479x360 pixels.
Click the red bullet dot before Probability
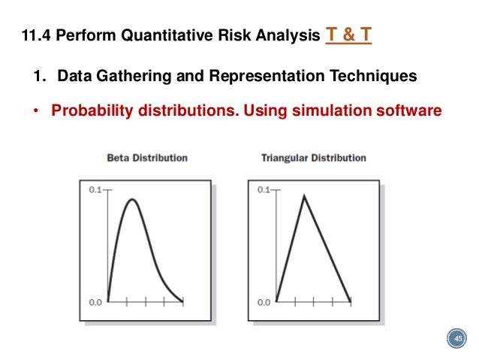click(x=35, y=110)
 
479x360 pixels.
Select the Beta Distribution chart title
click(x=146, y=158)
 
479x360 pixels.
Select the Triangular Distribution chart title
click(x=313, y=158)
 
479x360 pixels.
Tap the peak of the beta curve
click(x=133, y=199)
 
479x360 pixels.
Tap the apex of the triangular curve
click(x=303, y=195)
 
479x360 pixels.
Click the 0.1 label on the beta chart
click(x=94, y=191)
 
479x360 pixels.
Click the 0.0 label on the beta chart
click(x=94, y=302)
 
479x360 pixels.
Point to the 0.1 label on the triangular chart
click(x=263, y=191)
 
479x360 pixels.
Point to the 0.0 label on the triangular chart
click(x=263, y=302)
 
